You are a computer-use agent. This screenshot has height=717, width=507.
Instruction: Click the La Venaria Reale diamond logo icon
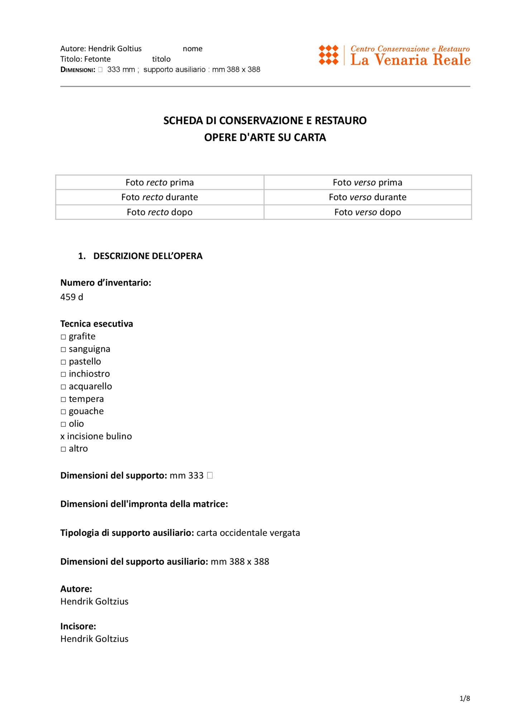click(x=328, y=55)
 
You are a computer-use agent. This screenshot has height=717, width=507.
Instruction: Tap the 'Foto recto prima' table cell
click(x=159, y=182)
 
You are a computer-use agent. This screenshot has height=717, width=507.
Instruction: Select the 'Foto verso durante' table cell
click(x=367, y=197)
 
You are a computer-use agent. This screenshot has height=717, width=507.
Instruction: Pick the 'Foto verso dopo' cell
click(x=367, y=212)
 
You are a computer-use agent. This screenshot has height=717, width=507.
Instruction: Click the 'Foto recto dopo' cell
click(x=159, y=212)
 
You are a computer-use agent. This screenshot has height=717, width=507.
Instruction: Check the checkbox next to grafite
click(x=63, y=337)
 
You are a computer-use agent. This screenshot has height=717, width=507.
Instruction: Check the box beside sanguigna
click(x=63, y=350)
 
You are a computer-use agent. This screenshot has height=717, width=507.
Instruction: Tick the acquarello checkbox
click(x=63, y=387)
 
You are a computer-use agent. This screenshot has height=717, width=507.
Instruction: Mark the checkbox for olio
click(x=63, y=424)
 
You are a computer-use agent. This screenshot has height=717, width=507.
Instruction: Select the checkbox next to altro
click(x=63, y=449)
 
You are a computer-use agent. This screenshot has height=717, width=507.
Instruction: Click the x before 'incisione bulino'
click(x=63, y=437)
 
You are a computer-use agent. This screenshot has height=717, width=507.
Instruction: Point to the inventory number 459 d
click(x=72, y=297)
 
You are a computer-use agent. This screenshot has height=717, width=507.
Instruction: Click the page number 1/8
click(x=465, y=698)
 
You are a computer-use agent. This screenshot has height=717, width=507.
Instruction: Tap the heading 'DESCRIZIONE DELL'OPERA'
click(x=148, y=256)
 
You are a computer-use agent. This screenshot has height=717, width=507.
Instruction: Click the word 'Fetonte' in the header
click(x=97, y=59)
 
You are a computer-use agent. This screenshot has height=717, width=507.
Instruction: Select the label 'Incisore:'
click(x=78, y=626)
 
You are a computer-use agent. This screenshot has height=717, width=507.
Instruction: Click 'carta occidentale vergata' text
click(x=248, y=533)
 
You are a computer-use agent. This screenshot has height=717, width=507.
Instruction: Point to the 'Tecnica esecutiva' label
click(x=97, y=324)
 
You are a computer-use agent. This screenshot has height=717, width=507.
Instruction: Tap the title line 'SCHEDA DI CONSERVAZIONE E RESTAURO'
click(x=265, y=121)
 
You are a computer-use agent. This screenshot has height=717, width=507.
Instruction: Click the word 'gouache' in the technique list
click(x=86, y=411)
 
